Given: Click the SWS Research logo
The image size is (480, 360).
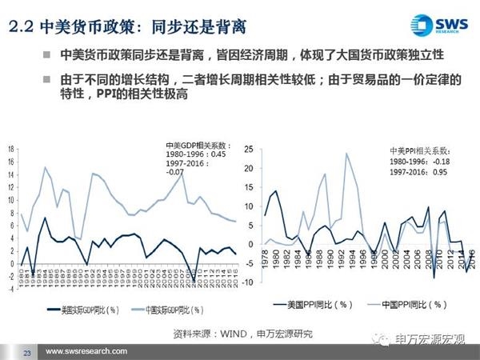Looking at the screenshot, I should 438,23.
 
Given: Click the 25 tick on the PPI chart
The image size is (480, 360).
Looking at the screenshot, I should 249,149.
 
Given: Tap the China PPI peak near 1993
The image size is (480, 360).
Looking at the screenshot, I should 346,154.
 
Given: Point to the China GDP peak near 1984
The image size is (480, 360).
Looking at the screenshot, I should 46,167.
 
